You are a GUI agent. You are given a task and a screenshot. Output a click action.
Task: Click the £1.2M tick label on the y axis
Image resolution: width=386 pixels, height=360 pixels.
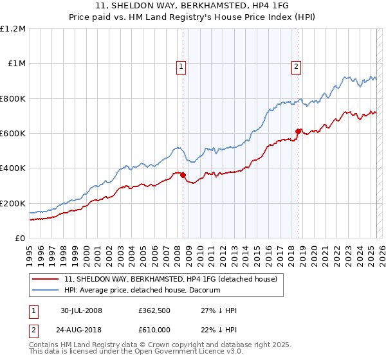(13, 29)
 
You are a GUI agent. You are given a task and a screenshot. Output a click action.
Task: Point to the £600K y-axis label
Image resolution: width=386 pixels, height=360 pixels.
(13, 134)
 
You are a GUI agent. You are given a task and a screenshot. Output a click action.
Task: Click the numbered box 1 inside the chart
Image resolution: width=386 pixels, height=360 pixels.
(181, 66)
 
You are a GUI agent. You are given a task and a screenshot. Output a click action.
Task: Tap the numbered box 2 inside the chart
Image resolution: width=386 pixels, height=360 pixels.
(296, 66)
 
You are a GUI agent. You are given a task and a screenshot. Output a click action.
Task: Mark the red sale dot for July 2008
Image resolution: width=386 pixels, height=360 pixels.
(183, 175)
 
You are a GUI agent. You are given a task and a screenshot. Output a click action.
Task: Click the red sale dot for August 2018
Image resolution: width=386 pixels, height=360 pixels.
(298, 132)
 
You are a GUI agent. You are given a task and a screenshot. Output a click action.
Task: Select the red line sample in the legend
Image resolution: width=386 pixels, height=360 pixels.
(46, 279)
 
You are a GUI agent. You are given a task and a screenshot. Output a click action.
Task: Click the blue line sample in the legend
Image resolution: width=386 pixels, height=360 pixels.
(46, 290)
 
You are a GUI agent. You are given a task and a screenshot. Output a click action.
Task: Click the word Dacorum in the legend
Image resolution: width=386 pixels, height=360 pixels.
(204, 290)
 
